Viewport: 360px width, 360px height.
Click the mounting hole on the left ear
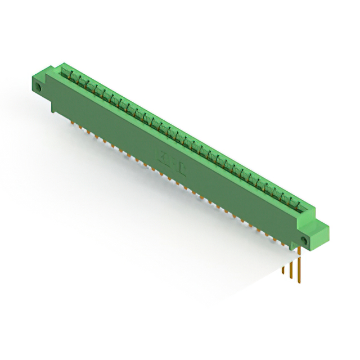pos(39,89)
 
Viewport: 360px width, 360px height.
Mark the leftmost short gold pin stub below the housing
pos(72,119)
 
